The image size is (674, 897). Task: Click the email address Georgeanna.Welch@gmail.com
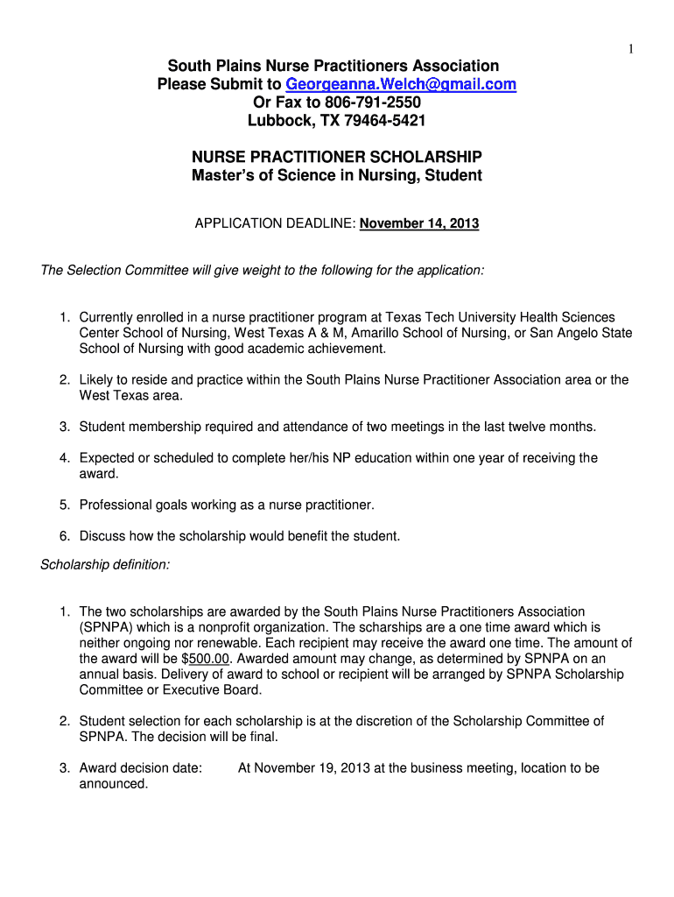(x=401, y=84)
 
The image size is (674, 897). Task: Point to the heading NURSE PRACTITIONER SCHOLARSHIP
(x=337, y=158)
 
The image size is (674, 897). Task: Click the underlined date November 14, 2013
(x=419, y=223)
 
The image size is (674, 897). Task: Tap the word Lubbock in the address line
(x=278, y=121)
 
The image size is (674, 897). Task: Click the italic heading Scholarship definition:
(x=105, y=565)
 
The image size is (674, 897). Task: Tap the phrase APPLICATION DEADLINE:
(x=275, y=223)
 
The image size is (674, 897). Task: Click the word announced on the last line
(x=114, y=784)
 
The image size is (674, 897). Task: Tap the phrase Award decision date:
(x=141, y=768)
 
